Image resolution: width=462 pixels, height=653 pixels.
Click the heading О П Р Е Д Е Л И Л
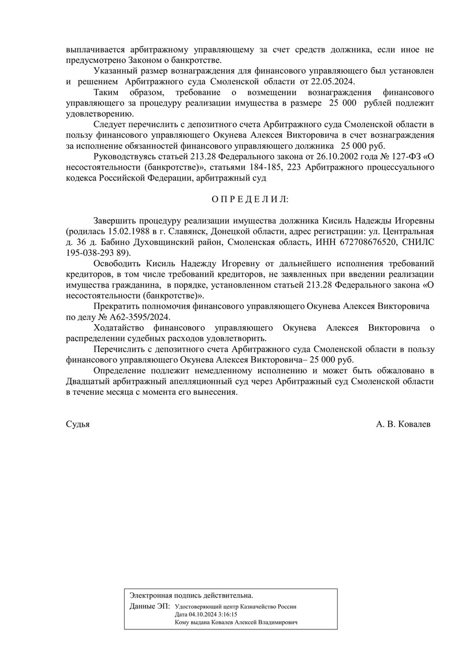(249, 199)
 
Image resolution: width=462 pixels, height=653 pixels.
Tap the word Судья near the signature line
(78, 424)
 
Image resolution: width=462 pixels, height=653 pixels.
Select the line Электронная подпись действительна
(191, 595)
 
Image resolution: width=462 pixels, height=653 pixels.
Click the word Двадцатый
(88, 380)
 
